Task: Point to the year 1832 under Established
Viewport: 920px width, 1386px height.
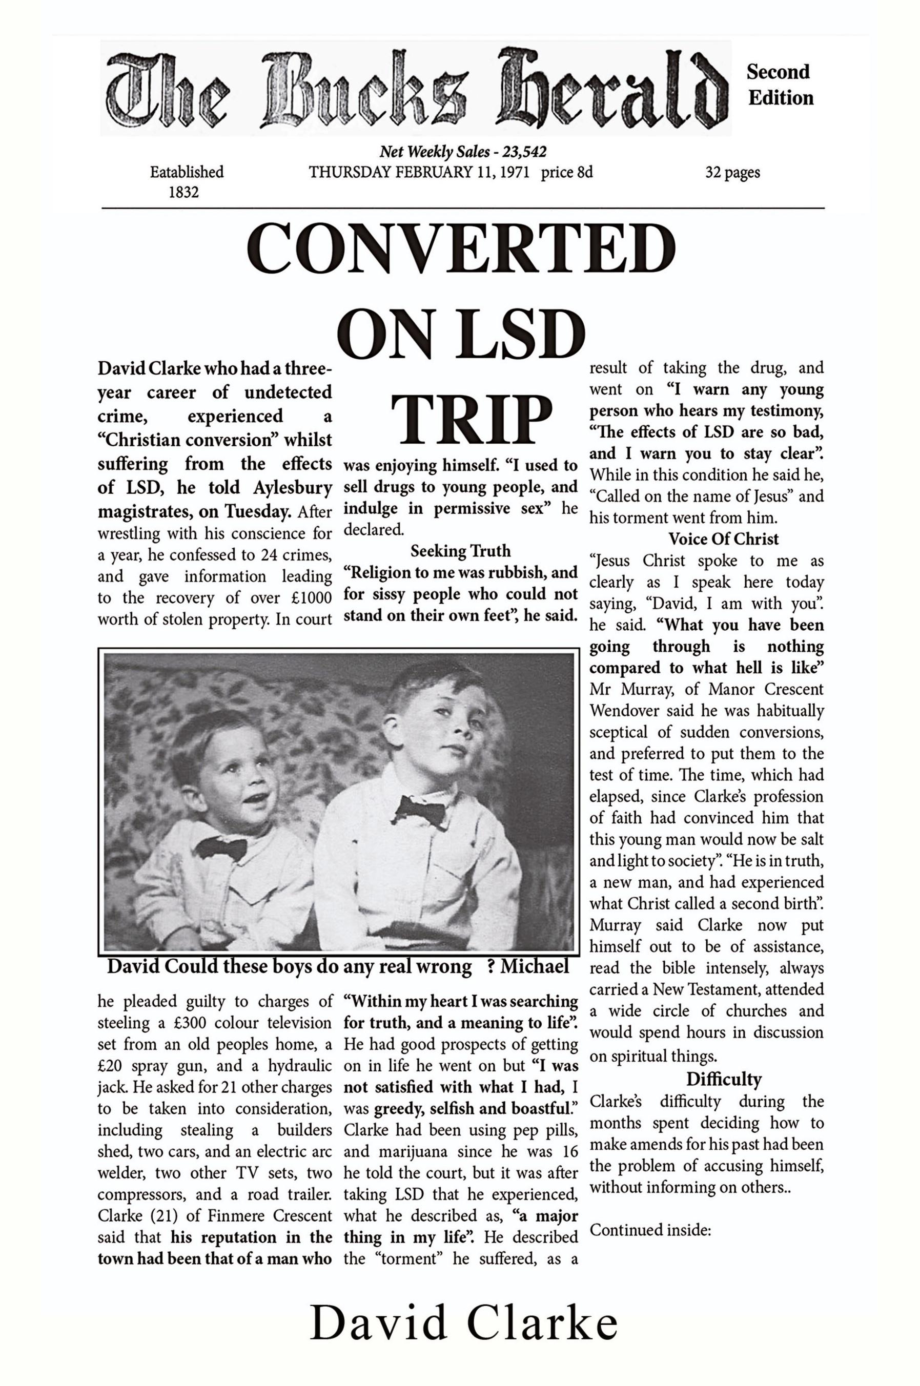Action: pos(183,192)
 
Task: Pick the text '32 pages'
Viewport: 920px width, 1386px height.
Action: pos(732,173)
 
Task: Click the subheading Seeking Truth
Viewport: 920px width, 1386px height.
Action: pos(460,551)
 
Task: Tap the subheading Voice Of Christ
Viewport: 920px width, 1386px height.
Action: pos(724,539)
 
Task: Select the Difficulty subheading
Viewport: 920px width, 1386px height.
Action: pos(724,1079)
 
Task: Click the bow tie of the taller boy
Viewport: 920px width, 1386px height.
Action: pos(420,812)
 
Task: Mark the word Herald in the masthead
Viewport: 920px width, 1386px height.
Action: pos(610,91)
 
